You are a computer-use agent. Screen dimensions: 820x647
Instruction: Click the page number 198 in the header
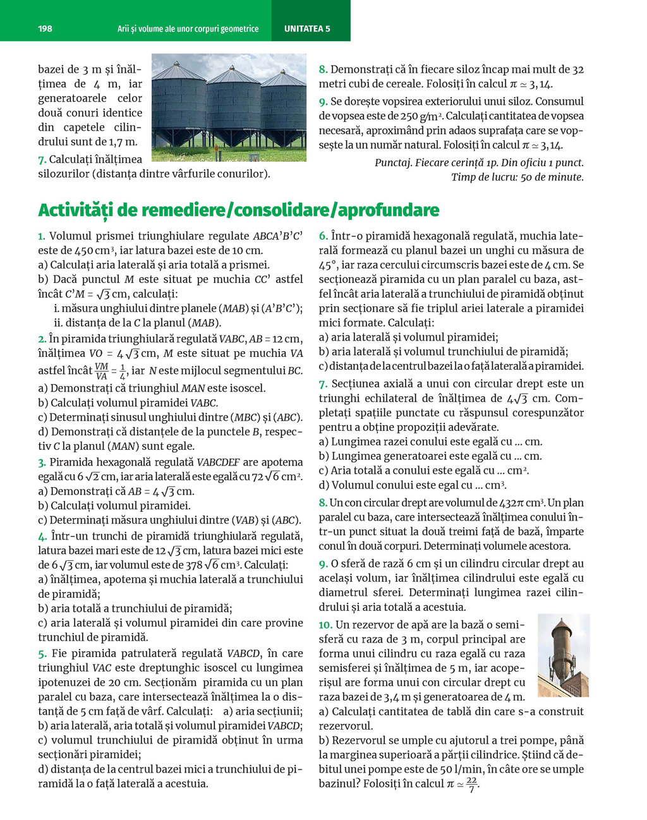(x=45, y=28)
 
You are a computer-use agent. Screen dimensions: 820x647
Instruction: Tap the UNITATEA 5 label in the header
(x=307, y=28)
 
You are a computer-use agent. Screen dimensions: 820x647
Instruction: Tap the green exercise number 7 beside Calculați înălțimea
(x=42, y=159)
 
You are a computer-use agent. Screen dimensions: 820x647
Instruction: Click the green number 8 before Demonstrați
(x=323, y=69)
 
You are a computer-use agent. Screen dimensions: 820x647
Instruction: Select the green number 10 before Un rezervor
(x=325, y=625)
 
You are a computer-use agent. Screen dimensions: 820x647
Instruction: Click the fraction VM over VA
(x=101, y=371)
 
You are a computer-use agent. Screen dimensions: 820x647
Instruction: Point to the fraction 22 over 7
(x=471, y=785)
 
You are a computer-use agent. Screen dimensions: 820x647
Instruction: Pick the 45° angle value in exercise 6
(x=328, y=265)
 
